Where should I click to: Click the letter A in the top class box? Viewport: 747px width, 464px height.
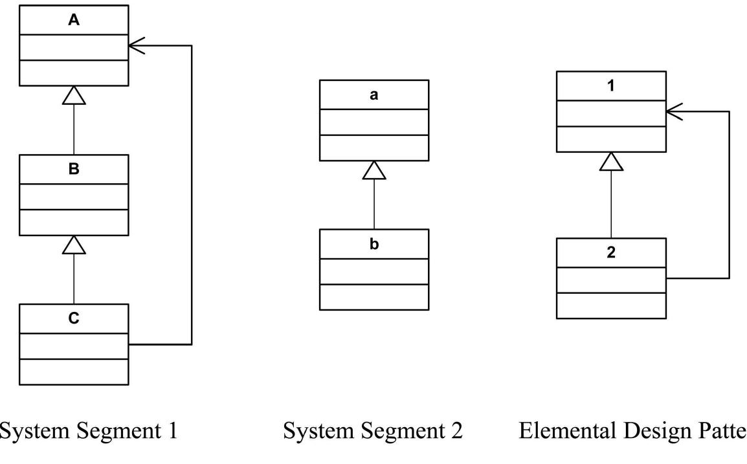[74, 20]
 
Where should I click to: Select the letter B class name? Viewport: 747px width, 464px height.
[74, 170]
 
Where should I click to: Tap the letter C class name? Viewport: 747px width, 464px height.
[74, 318]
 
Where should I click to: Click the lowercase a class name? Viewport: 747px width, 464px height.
[373, 94]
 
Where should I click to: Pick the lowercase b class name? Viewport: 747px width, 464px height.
[373, 245]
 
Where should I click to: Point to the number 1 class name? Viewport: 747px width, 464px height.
[611, 86]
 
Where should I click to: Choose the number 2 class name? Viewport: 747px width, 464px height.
[611, 252]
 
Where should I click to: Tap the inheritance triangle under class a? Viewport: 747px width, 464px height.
[373, 170]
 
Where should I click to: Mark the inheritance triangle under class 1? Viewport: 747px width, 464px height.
[611, 161]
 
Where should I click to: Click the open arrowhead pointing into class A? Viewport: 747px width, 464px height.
[137, 45]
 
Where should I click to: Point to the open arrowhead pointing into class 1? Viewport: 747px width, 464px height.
[674, 111]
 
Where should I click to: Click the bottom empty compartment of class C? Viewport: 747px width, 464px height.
[74, 371]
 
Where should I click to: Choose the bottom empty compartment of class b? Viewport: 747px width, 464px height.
[373, 297]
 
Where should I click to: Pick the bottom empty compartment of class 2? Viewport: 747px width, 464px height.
[611, 305]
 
